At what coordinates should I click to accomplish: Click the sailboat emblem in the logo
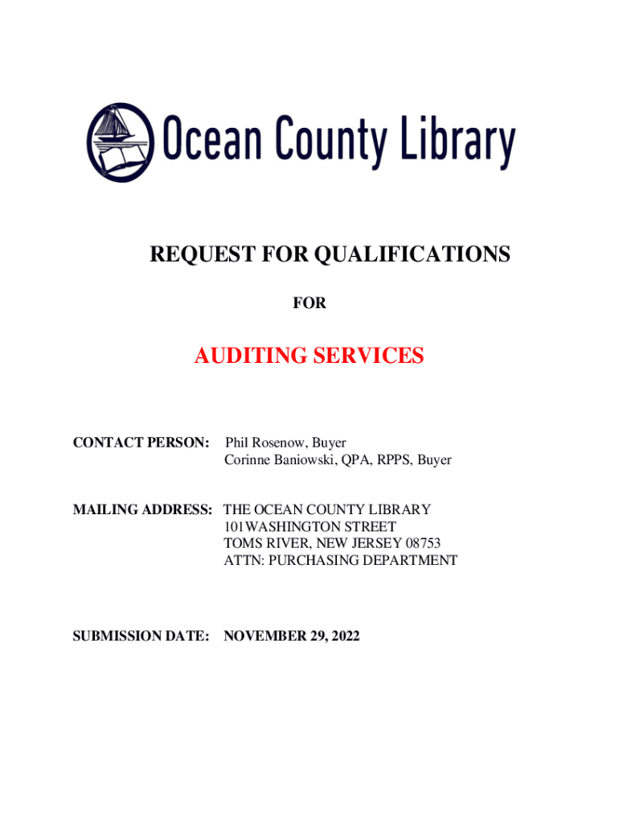coord(121,142)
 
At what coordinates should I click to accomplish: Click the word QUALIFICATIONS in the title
coord(412,255)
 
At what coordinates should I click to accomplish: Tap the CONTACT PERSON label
coord(141,443)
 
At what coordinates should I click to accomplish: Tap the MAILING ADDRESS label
coord(143,509)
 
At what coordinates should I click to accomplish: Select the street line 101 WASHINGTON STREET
coord(309,526)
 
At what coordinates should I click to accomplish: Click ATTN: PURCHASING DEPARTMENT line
coord(340,560)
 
